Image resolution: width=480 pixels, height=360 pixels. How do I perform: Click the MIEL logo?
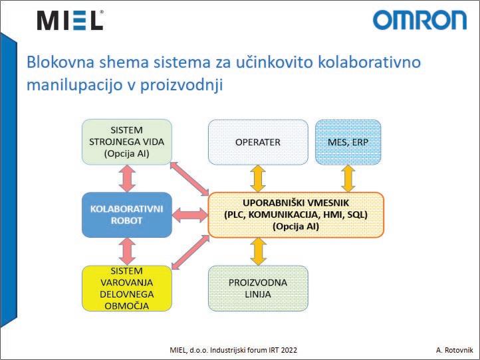pos(70,20)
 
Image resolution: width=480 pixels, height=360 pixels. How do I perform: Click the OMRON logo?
pos(420,20)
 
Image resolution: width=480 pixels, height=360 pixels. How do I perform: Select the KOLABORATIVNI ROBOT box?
pos(126,215)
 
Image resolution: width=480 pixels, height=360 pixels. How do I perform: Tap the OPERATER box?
pos(258,141)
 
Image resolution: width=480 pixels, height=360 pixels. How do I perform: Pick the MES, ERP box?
pos(347,141)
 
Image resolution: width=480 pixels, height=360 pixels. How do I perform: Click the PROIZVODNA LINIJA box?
pos(258,288)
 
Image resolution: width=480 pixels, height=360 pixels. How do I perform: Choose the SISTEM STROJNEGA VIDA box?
pos(126,141)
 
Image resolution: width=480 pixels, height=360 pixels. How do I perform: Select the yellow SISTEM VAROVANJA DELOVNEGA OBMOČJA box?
pos(126,288)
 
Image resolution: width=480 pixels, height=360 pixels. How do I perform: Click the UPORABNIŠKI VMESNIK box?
pos(296,215)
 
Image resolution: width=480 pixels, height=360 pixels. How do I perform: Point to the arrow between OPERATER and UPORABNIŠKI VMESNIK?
pos(258,178)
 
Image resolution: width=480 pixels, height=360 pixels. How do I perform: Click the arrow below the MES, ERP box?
pos(347,178)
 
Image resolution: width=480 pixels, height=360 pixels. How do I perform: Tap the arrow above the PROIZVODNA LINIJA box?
pos(258,251)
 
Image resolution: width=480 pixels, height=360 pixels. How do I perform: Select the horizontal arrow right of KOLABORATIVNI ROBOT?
pos(190,215)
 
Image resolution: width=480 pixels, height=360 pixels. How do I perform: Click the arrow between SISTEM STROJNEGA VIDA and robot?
pos(126,178)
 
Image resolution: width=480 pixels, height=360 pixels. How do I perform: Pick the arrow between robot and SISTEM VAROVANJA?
pos(126,251)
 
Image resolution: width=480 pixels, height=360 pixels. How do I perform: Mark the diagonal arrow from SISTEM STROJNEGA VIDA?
pos(189,179)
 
